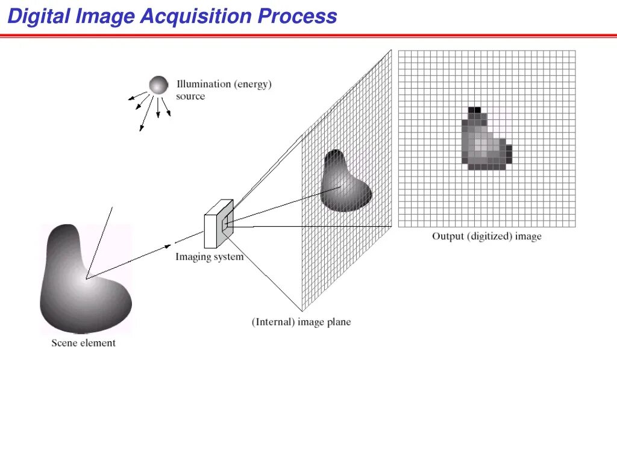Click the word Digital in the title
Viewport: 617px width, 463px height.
[x=39, y=16]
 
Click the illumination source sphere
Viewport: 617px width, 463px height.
[x=158, y=85]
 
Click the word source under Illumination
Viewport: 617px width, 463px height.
[x=190, y=96]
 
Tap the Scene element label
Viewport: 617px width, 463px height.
[x=83, y=343]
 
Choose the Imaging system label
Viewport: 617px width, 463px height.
[x=209, y=257]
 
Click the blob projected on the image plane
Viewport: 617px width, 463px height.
[x=344, y=182]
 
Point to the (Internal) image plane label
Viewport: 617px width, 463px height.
[x=301, y=322]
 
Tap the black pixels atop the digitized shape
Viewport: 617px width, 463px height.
[x=475, y=110]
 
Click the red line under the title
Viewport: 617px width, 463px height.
[x=308, y=36]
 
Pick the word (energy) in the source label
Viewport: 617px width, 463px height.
[x=253, y=84]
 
